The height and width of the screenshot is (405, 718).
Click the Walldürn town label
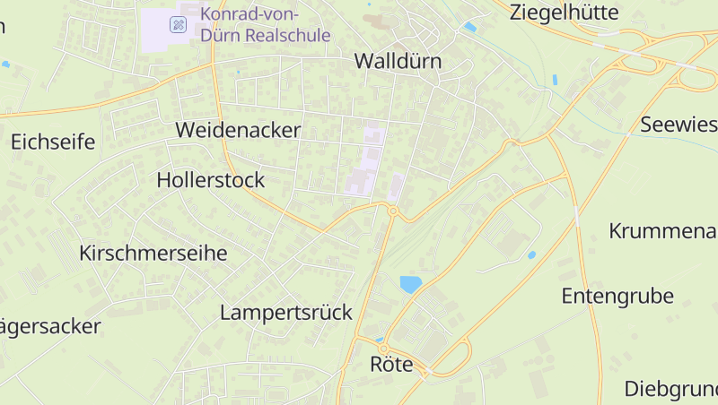click(x=398, y=61)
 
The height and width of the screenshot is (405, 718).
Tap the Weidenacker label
click(x=238, y=129)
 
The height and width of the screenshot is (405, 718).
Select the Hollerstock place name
click(x=211, y=179)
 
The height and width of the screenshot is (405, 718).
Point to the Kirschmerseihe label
click(x=153, y=253)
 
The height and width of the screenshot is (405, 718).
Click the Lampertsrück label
click(x=286, y=312)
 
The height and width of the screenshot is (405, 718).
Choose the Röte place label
click(x=391, y=364)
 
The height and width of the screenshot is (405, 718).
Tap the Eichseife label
click(x=53, y=141)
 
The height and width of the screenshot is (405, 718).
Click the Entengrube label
click(x=617, y=296)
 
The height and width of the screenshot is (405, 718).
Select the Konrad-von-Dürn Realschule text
click(x=266, y=24)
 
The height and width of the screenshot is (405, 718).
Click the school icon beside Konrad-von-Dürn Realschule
click(x=179, y=25)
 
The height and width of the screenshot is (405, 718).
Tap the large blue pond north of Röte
click(x=410, y=285)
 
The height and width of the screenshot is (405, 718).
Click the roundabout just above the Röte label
click(x=383, y=348)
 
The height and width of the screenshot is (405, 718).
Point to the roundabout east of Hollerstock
click(x=393, y=211)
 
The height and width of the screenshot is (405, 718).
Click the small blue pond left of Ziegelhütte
click(x=470, y=28)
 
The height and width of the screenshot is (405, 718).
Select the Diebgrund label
click(x=671, y=389)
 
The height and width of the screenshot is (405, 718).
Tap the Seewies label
click(x=679, y=125)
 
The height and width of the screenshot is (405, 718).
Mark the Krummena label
click(x=662, y=230)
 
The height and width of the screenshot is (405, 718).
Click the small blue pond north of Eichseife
click(x=6, y=65)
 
